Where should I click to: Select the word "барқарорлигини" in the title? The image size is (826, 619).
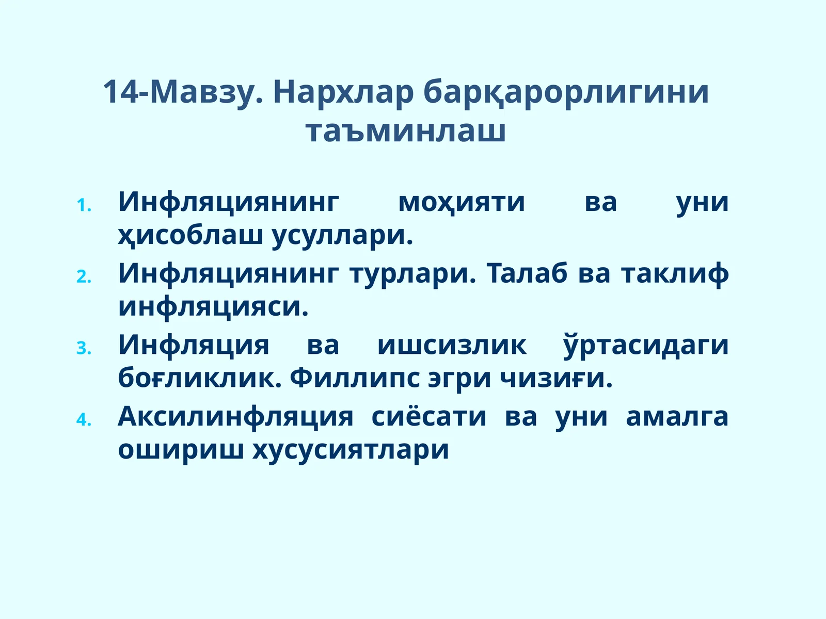pyautogui.click(x=566, y=93)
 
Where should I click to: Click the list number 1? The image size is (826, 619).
pyautogui.click(x=84, y=206)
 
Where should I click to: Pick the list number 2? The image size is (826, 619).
pyautogui.click(x=84, y=278)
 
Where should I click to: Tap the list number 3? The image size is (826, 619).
pyautogui.click(x=84, y=349)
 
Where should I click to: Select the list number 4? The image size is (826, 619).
pyautogui.click(x=84, y=420)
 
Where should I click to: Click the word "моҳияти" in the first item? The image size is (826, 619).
pyautogui.click(x=462, y=202)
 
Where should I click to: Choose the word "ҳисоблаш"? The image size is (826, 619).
pyautogui.click(x=190, y=236)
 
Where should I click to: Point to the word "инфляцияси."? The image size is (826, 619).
pyautogui.click(x=213, y=307)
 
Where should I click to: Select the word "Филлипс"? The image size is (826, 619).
pyautogui.click(x=355, y=379)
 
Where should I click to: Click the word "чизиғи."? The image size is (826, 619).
pyautogui.click(x=556, y=379)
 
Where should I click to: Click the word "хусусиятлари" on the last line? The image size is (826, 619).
pyautogui.click(x=351, y=450)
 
